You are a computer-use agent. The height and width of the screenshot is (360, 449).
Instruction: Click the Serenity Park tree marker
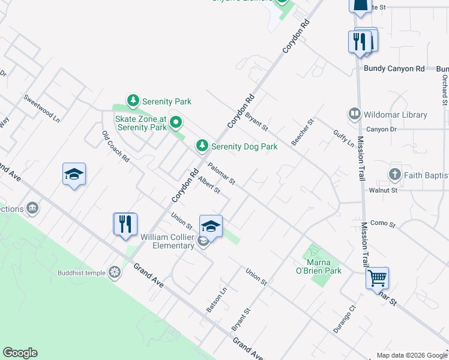coord(133,101)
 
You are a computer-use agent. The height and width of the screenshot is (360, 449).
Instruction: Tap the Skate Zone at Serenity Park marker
coord(175,123)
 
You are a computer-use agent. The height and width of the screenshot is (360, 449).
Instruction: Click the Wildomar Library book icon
coord(355,114)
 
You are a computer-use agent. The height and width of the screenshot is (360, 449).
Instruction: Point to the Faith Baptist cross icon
coord(394,175)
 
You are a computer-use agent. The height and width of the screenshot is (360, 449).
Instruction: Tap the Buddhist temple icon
coord(114,273)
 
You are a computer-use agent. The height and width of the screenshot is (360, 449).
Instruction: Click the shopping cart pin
coord(377,278)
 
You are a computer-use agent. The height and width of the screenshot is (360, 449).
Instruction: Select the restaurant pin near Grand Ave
coord(125,224)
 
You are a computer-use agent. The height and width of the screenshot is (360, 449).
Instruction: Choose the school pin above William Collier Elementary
coord(211,226)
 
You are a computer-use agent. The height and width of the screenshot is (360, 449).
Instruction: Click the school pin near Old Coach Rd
coord(74,174)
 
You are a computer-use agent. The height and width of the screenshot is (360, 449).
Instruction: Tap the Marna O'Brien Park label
coord(318,266)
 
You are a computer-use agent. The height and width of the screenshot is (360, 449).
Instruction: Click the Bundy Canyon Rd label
coord(394,69)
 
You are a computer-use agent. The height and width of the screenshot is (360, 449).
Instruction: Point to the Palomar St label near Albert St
coord(221,174)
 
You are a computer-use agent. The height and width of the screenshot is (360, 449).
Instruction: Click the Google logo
coord(20,353)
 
